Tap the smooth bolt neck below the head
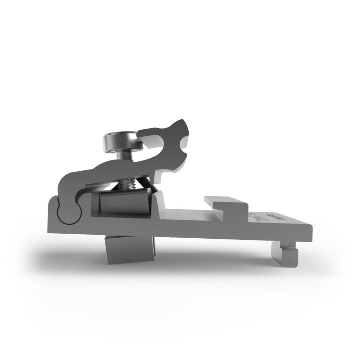[x=125, y=156]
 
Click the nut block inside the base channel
[x=124, y=204]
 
